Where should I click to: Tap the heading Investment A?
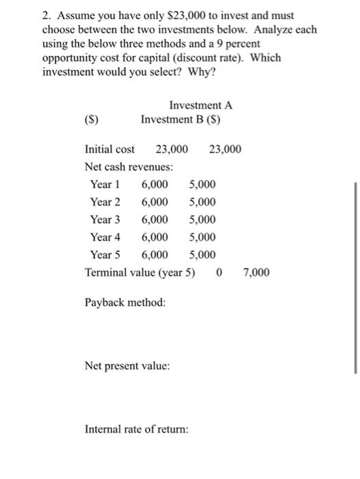[201, 105]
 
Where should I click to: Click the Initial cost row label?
[110, 149]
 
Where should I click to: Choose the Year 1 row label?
[105, 184]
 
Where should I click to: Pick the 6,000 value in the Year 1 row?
[155, 184]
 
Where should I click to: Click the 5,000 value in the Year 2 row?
[202, 202]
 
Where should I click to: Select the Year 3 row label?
[105, 220]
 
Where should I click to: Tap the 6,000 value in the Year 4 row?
[155, 237]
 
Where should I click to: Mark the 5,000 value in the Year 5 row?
[202, 255]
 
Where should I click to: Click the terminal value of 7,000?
[256, 273]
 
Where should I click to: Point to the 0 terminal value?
[218, 273]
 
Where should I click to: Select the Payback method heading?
[125, 302]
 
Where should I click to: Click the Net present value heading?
[127, 366]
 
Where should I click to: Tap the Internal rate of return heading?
[136, 430]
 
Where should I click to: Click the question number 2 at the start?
[45, 15]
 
